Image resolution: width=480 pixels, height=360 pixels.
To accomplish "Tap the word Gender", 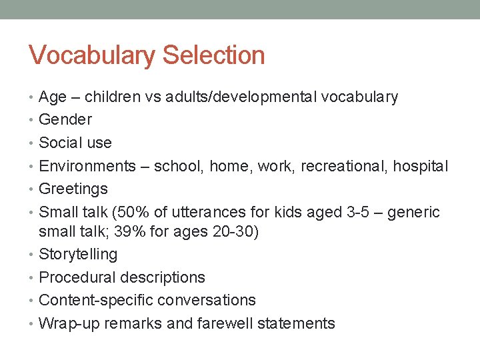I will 65,120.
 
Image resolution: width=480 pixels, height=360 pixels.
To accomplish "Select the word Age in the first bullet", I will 53,97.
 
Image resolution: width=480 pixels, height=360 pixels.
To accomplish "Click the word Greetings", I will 73,189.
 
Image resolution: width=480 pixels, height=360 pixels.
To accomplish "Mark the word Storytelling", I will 78,255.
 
